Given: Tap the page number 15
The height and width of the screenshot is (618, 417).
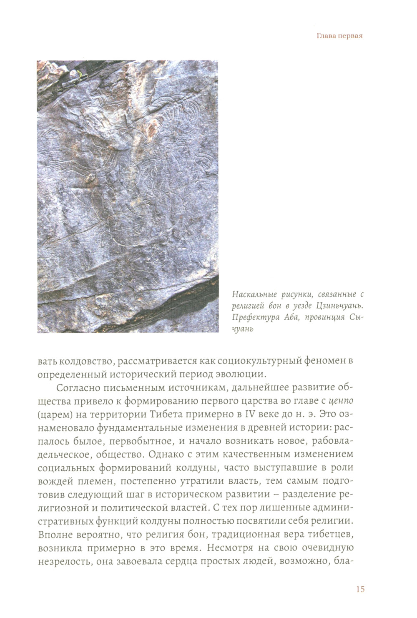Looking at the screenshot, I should tap(360, 589).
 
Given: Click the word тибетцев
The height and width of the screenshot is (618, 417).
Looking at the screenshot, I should tap(332, 535).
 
